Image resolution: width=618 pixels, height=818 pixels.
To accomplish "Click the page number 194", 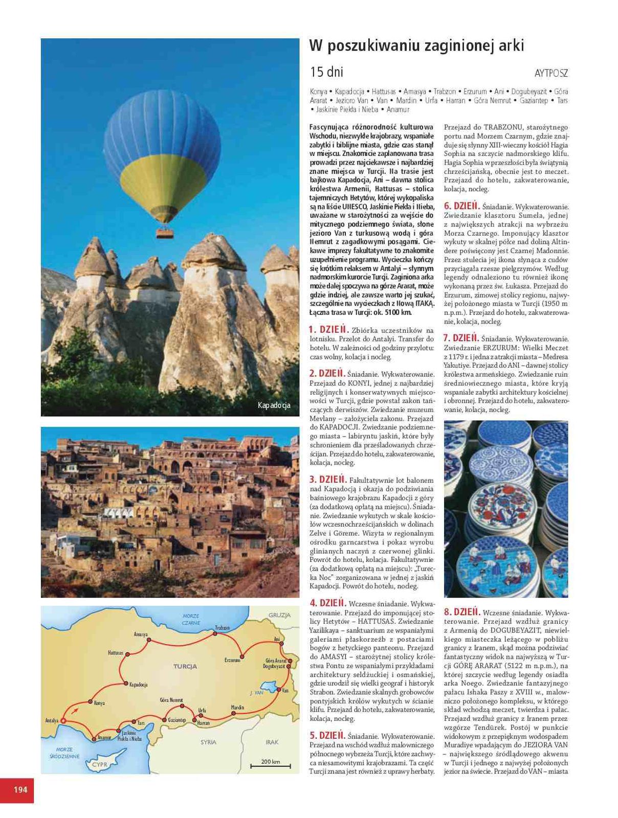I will coord(20,789).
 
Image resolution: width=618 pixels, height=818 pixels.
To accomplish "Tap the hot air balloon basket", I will coord(164,233).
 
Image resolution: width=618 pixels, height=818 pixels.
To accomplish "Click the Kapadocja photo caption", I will coord(274,405).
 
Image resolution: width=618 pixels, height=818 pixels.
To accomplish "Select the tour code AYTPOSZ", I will coord(551,73).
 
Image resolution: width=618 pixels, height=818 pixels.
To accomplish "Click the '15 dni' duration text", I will coord(326,72).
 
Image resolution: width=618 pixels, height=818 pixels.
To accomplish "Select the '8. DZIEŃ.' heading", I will coord(462,612).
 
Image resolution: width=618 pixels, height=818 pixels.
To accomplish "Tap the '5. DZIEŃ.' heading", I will coord(327,735).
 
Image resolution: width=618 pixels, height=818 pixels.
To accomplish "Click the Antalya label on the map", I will coord(52,720).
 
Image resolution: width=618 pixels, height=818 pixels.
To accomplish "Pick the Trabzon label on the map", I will coord(222,627).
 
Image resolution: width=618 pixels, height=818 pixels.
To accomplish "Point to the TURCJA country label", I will coord(185,666).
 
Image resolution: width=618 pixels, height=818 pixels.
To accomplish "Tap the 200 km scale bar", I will coord(270,765).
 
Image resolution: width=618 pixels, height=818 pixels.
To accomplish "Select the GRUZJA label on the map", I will coord(279,615).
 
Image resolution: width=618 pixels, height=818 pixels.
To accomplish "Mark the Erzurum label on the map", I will coord(232,660).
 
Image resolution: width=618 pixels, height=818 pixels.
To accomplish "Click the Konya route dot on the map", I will coord(91,701).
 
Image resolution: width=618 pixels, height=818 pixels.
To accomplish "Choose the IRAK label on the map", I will coord(272,742).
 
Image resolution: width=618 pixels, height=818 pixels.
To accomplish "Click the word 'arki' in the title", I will coord(509,46).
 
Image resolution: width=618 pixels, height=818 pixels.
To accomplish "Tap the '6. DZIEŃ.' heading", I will coord(461,206).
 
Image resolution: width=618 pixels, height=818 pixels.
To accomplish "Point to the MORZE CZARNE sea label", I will coord(191,619).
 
